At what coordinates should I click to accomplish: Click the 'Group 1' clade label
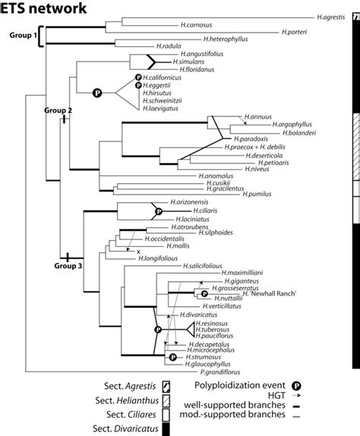(x=23, y=36)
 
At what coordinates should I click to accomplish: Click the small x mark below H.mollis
(x=139, y=251)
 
